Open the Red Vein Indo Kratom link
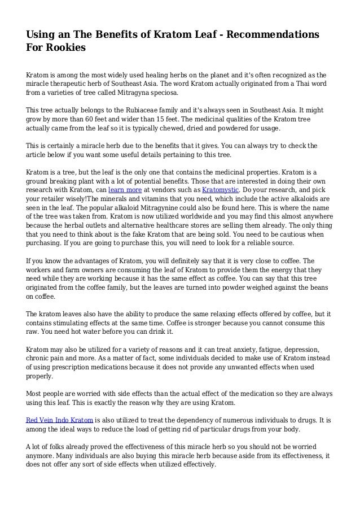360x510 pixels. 60,420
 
